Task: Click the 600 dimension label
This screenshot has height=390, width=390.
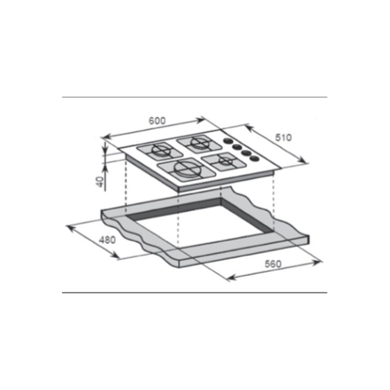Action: point(157,121)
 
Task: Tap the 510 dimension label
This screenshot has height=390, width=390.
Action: point(283,137)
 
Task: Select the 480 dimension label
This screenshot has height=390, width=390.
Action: point(108,240)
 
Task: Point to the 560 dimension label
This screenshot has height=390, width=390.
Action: point(273,264)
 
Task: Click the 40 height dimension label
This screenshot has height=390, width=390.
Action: point(99,182)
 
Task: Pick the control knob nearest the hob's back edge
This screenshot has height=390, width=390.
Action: point(228,141)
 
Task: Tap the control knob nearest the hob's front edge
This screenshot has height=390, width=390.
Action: point(254,158)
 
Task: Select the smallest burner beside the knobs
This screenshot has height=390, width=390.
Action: point(226,161)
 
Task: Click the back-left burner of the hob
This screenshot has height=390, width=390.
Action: point(161,151)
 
